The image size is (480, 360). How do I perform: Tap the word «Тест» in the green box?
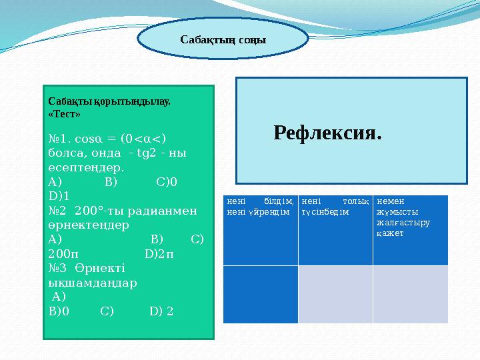(65, 114)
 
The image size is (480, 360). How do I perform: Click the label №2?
(58, 211)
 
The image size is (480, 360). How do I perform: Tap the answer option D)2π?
(159, 253)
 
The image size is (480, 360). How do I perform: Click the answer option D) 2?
(162, 311)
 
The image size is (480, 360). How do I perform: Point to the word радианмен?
(159, 211)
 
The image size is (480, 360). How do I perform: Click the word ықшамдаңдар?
(93, 282)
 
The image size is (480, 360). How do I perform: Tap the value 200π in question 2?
(63, 253)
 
